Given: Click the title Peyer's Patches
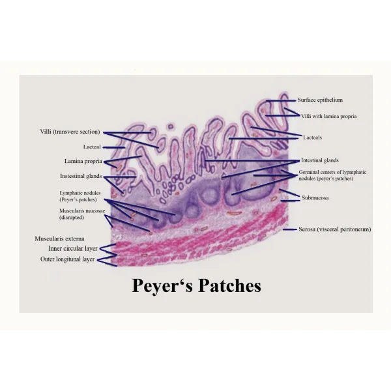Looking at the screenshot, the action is coord(197,286).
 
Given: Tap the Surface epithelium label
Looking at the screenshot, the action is coord(320,100).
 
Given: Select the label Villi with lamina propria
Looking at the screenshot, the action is coord(328,116).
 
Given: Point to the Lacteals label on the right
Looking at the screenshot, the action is coord(312,138).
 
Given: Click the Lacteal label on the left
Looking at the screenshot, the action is coord(92,147).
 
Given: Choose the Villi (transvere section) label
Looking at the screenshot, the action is coord(70,132).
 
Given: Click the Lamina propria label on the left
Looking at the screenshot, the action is coord(83,162).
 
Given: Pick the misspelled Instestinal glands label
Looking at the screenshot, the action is coord(81,176).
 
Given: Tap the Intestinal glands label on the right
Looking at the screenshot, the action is coord(320,160).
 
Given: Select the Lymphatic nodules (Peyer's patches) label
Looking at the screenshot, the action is coord(80,196).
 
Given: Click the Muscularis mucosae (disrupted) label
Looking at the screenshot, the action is coord(82,214).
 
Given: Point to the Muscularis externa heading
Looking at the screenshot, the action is coord(59,239).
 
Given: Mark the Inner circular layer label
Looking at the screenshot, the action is coord(72,249).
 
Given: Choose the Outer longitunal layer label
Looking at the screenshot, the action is coord(67,259).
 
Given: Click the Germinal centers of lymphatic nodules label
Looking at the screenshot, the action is coord(332,175).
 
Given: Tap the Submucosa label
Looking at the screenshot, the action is coord(315,197).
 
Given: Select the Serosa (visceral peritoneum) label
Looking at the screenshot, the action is coord(335,229).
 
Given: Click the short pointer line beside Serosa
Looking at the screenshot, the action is coord(290,229).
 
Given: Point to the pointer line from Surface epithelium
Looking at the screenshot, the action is coord(280,101).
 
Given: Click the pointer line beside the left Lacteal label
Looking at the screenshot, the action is coord(114,147).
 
